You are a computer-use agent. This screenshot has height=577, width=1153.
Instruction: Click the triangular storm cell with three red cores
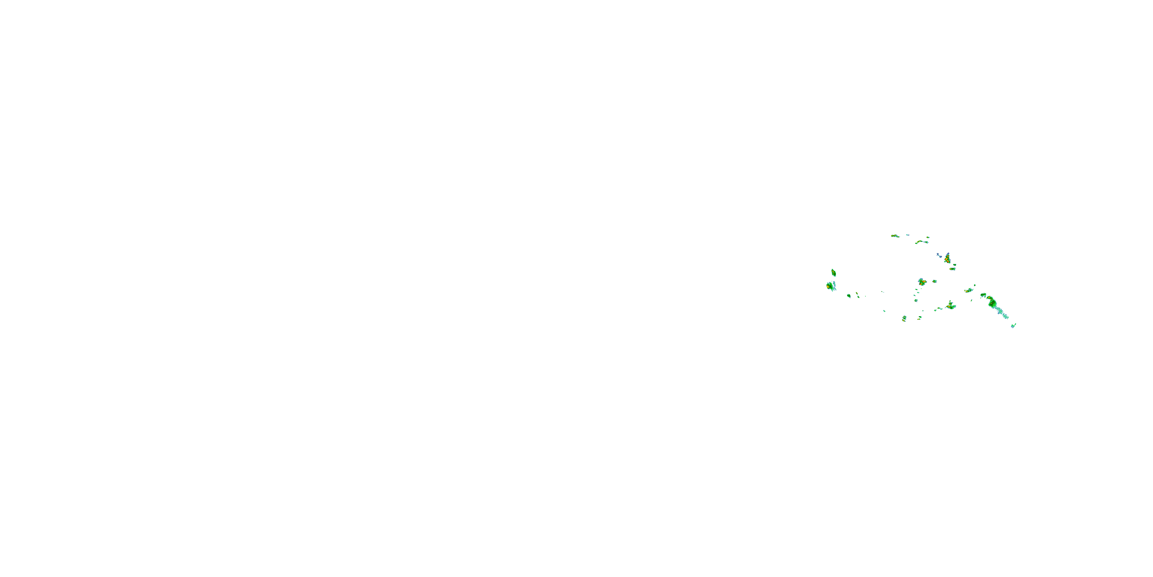pos(947,258)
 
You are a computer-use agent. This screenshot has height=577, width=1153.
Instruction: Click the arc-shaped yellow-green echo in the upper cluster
pos(919,242)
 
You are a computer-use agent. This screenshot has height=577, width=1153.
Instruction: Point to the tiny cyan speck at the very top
pos(908,235)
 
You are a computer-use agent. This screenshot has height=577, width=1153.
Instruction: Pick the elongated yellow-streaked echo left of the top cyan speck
pos(895,236)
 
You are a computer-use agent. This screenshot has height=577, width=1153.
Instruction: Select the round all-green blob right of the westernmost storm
pos(849,296)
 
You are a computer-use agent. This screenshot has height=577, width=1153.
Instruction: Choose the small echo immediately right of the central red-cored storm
pos(935,281)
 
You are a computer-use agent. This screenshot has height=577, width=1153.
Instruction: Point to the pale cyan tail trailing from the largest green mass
pos(1003,313)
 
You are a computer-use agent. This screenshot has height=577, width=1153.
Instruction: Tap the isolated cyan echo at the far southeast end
pos(1013,326)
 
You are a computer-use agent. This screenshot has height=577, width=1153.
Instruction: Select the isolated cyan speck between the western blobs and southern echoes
pos(884,311)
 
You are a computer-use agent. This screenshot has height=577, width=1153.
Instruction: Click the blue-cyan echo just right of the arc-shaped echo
pos(926,242)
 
